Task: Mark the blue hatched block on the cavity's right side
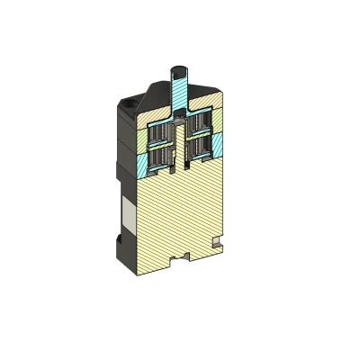[220, 145]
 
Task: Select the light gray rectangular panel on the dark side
[129, 215]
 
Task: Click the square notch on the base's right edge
[215, 240]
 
